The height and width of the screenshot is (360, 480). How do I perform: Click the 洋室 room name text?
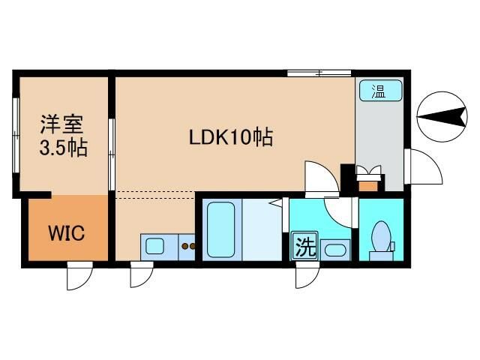coord(61,121)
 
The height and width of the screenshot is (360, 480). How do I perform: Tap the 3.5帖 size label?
coord(63,146)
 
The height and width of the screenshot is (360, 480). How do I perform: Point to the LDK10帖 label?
coord(229,138)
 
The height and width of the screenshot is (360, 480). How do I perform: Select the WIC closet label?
coord(67,232)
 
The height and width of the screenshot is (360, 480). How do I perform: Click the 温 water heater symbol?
coord(379,91)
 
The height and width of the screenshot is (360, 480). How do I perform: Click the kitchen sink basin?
coord(156,245)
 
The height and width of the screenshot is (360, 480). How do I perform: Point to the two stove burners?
coord(187,246)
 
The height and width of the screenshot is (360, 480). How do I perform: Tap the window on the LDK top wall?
coord(319,73)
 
